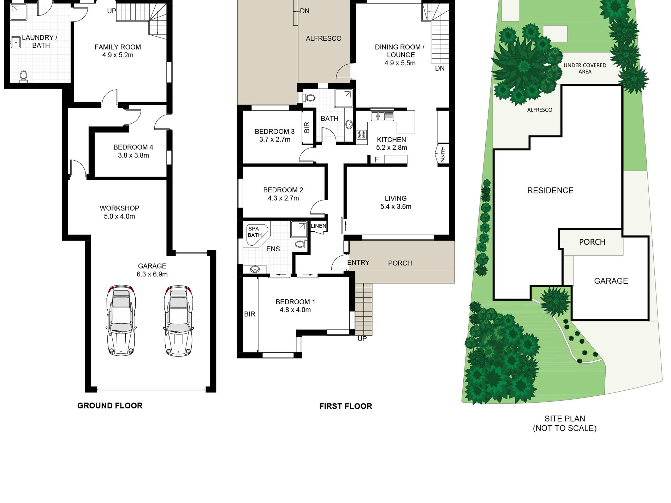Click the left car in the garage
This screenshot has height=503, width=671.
[x=121, y=320]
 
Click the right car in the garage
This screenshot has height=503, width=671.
[x=179, y=320]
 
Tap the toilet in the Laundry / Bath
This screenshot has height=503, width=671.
[x=24, y=76]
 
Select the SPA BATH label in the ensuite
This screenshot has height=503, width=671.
[x=255, y=232]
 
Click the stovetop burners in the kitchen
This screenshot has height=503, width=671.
[x=362, y=134]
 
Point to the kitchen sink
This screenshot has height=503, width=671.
[x=378, y=116]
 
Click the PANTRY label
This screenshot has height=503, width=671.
[x=443, y=155]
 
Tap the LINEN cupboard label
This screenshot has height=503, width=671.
[x=319, y=226]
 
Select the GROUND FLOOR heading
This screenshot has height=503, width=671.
[x=110, y=406]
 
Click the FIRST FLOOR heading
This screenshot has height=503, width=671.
[x=345, y=406]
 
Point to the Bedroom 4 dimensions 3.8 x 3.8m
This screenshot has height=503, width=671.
[x=133, y=155]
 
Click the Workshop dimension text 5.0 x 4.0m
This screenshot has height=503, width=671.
[x=119, y=216]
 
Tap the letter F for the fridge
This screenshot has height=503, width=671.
[x=377, y=160]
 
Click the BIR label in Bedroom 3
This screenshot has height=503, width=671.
[x=307, y=127]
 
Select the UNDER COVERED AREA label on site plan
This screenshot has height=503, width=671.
[x=584, y=68]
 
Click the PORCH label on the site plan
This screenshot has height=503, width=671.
[x=592, y=242]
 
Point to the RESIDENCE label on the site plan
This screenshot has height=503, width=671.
[x=550, y=191]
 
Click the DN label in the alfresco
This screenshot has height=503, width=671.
[x=304, y=11]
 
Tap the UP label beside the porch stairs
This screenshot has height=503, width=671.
[x=362, y=339]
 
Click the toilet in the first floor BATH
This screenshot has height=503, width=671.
[x=310, y=97]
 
